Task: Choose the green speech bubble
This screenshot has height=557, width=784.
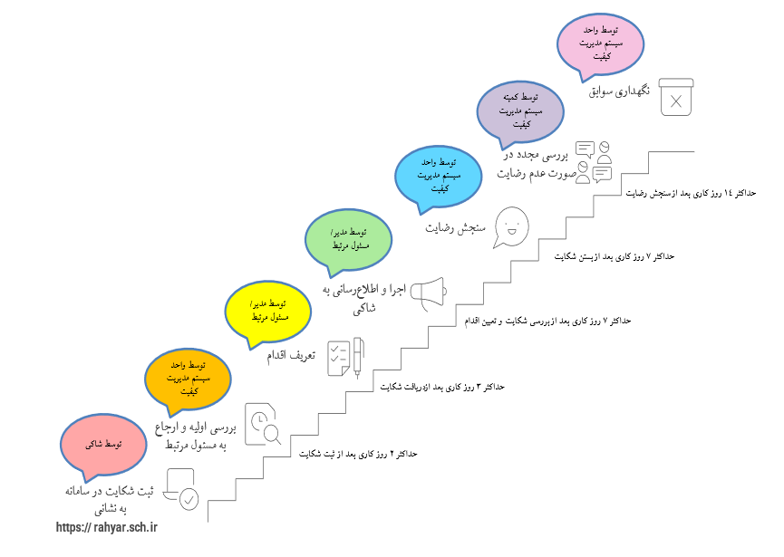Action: (349, 238)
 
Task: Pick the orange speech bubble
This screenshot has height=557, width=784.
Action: (189, 378)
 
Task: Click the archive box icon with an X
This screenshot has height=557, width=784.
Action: (675, 97)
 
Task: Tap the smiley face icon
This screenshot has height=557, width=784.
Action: (511, 226)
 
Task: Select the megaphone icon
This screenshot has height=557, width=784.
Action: (431, 292)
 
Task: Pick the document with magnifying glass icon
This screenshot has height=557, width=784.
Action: (264, 424)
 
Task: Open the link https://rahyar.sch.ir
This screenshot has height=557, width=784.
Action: (107, 526)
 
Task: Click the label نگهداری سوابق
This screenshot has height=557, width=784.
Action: (620, 92)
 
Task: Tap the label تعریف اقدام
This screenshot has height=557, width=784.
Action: (290, 356)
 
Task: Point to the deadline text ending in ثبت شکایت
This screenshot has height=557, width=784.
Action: (358, 453)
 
